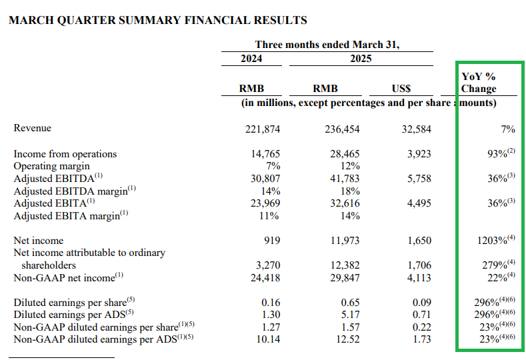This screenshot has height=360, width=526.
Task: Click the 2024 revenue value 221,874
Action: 262,129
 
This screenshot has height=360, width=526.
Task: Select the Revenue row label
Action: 32,128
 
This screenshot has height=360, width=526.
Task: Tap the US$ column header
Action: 401,89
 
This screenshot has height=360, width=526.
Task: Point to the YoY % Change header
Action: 479,83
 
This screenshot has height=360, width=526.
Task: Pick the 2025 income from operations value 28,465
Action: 345,154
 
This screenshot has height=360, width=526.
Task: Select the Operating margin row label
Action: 51,166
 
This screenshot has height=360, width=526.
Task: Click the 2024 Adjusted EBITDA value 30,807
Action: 265,179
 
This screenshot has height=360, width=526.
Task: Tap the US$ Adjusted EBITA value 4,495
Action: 419,203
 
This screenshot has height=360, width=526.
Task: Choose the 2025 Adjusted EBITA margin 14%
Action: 350,216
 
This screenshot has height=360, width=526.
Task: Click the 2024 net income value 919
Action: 272,241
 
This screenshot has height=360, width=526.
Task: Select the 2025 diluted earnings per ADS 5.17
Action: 350,315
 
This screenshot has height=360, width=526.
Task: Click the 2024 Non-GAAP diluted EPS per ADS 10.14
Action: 268,339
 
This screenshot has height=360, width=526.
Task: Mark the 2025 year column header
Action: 361,59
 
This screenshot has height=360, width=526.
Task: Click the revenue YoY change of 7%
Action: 508,129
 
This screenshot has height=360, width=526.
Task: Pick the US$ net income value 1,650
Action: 419,241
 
